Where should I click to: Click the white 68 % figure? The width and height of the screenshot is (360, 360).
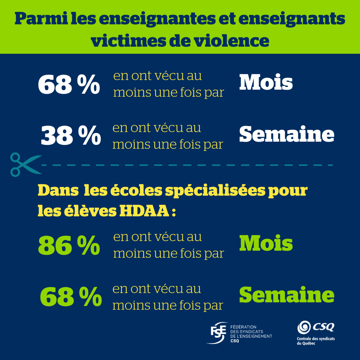coord(69,85)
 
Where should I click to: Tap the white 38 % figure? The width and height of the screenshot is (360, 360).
coord(71,136)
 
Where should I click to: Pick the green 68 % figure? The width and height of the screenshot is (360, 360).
coord(71,297)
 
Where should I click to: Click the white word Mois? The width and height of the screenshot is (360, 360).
coord(266,82)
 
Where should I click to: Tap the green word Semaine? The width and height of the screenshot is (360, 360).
coord(287,295)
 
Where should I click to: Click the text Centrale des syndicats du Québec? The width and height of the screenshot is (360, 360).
coord(316,341)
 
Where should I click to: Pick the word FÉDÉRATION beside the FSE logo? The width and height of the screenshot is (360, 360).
coord(243,327)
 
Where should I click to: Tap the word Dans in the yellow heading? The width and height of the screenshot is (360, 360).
coord(56,191)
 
